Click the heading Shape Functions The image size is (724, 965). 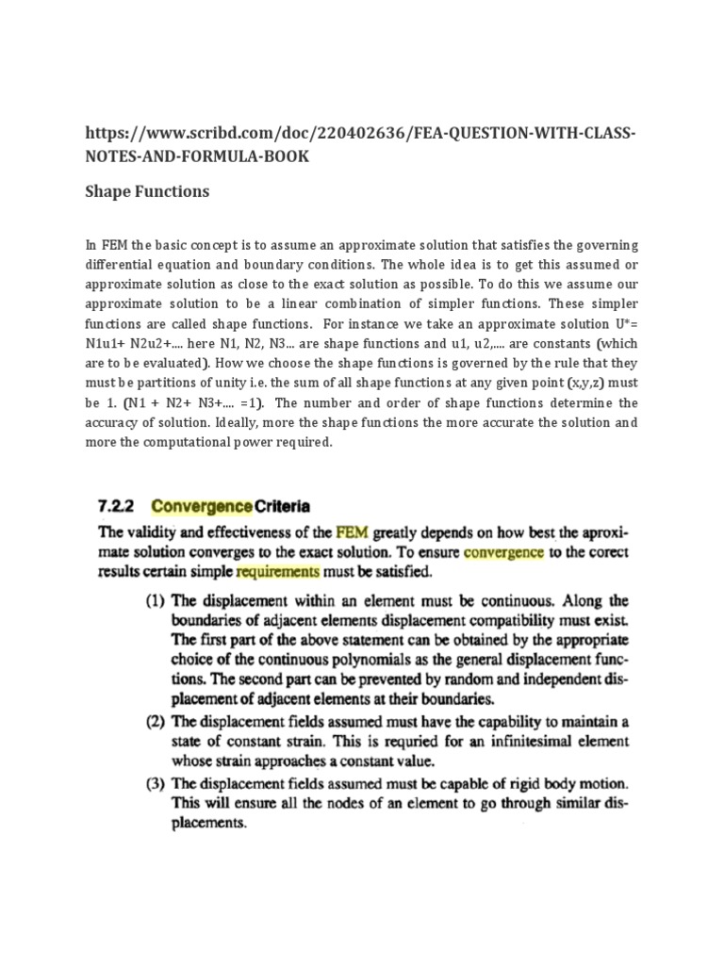point(147,191)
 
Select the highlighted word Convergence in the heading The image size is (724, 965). point(201,505)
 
